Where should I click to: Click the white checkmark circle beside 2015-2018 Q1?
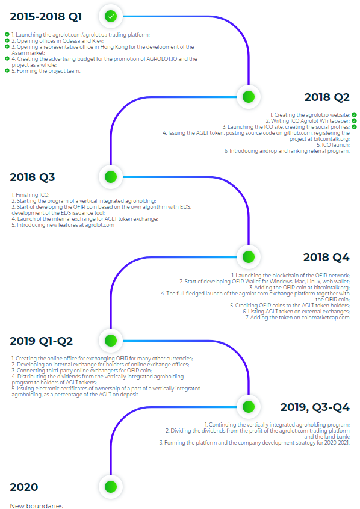(111, 16)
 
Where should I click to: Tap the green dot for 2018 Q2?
(249, 97)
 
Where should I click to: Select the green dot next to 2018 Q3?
(111, 177)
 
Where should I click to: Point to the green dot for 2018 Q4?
(249, 257)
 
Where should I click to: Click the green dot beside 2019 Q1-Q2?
(111, 341)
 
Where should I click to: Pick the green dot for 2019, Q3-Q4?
(249, 407)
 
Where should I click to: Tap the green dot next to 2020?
(111, 487)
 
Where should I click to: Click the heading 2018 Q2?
(327, 97)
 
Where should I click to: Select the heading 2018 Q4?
(326, 258)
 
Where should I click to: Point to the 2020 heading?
(24, 487)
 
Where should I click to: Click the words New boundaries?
(36, 506)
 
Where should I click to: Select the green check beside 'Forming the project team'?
(7, 70)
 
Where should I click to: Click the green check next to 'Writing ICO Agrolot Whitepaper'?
(354, 120)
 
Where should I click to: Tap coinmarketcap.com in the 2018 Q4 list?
(325, 318)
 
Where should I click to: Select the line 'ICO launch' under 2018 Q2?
(334, 145)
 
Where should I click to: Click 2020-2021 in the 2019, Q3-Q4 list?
(337, 442)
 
